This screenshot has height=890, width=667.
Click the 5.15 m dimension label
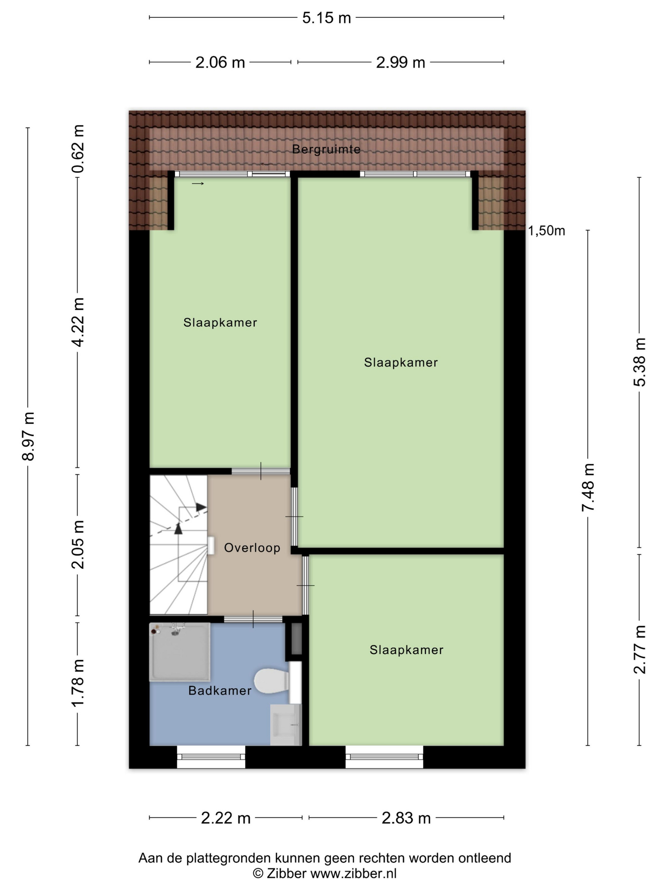click(327, 18)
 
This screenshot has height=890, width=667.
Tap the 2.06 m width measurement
click(220, 63)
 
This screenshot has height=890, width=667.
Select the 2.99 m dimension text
click(401, 63)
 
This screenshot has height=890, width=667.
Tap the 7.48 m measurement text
click(588, 487)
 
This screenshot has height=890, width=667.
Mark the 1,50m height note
click(546, 231)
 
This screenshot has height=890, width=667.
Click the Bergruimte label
click(326, 149)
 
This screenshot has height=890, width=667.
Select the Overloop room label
click(252, 548)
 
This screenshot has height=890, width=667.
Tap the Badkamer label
click(220, 690)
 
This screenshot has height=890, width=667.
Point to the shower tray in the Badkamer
click(180, 652)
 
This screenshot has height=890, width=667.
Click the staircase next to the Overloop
click(179, 545)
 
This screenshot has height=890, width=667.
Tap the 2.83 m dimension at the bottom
click(406, 818)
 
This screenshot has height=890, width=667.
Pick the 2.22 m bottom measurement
click(226, 818)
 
